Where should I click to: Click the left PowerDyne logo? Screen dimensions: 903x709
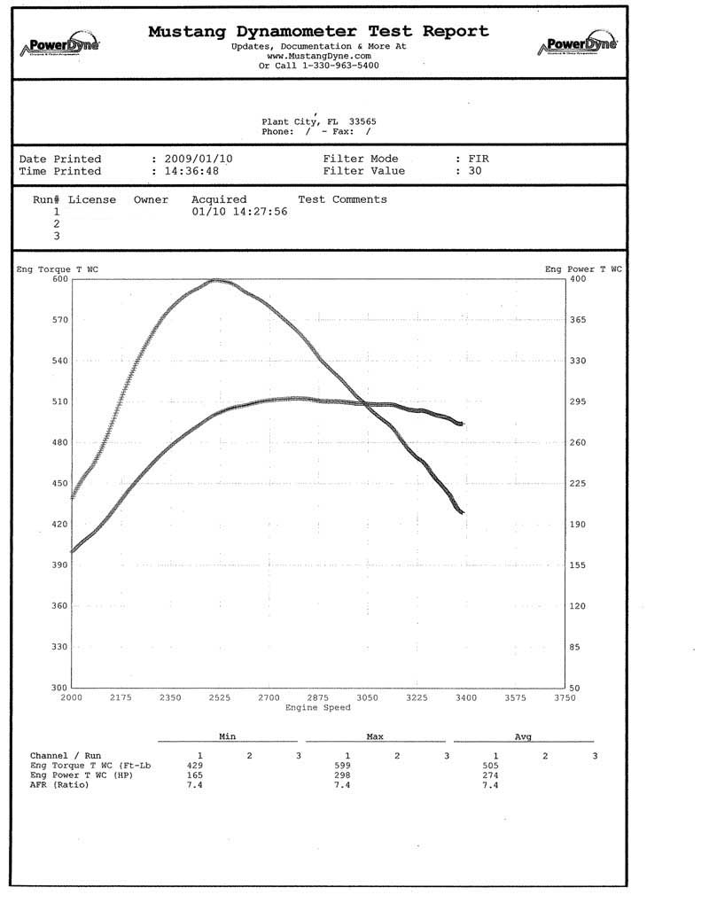[63, 45]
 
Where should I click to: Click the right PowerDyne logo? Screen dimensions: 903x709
[577, 45]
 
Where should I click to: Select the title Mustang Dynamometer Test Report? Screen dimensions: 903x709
[318, 31]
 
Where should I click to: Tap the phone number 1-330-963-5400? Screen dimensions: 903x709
[332, 66]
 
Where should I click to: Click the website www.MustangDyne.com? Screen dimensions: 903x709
[318, 56]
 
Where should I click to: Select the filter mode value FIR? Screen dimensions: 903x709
[479, 160]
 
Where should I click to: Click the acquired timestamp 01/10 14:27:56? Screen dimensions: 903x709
[239, 213]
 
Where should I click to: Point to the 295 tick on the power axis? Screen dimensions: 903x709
[578, 402]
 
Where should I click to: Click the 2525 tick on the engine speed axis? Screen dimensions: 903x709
[219, 698]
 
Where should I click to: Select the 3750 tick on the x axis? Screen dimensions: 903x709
[565, 698]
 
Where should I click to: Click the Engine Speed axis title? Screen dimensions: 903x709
[318, 707]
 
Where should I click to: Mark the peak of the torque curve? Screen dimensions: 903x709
[217, 281]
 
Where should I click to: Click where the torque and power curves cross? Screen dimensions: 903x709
[363, 404]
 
